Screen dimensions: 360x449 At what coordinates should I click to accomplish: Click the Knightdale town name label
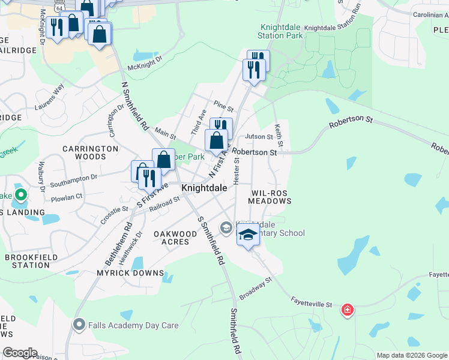204,188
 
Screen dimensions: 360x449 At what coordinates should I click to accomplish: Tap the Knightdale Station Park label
281,31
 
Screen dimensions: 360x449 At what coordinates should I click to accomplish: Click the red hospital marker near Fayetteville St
347,310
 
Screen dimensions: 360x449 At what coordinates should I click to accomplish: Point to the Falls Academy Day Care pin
79,325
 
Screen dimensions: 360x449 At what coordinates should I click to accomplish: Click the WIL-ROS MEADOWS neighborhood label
271,197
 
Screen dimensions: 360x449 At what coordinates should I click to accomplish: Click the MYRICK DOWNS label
130,273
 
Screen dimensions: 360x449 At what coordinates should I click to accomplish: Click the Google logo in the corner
20,353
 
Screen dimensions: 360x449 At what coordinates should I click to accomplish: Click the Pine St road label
223,108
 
